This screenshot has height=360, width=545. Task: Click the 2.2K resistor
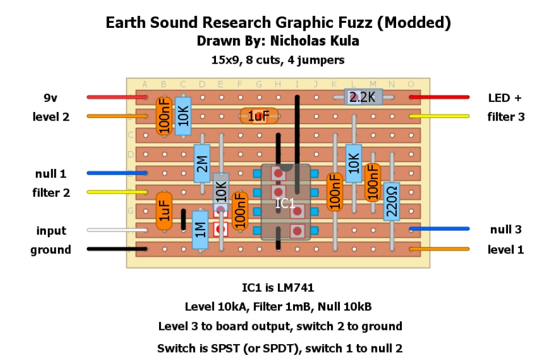coord(364,97)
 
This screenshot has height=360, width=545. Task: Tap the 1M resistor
coord(199,230)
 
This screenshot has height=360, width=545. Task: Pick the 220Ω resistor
coord(392,201)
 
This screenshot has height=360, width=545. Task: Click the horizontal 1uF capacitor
coord(259,117)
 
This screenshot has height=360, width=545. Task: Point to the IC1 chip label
coord(285,203)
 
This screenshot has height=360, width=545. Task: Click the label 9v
coord(51,98)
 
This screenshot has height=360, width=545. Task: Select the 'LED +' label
coord(504,98)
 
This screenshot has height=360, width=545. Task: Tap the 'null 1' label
coord(51,173)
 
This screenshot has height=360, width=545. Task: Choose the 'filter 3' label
coord(506,117)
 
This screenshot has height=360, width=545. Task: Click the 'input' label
coord(51,230)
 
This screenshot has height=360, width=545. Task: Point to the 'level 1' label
coord(506,249)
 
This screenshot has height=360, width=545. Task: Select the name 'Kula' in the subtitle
coord(343,41)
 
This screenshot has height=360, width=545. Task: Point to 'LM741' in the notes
coord(294,288)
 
